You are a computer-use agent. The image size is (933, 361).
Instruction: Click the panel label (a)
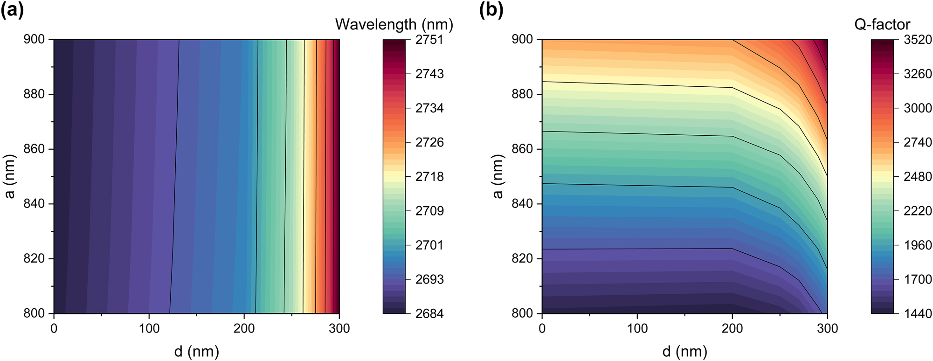point(12,10)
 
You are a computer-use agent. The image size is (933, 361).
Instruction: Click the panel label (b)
point(491,10)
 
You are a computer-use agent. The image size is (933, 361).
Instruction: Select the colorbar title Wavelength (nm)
point(394,24)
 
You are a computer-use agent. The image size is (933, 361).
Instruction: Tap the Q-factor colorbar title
point(882,24)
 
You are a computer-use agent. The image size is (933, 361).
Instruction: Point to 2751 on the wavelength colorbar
point(429,40)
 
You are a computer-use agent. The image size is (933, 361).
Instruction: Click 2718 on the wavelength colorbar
point(429,177)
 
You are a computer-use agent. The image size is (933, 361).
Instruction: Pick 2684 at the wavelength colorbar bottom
point(429,313)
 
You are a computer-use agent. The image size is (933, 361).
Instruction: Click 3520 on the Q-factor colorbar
point(918,40)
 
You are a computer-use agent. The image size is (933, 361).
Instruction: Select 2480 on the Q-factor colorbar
point(918,177)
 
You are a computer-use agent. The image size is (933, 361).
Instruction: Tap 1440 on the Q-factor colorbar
point(918,313)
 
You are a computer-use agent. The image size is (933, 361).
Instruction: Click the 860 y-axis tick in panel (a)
point(34,149)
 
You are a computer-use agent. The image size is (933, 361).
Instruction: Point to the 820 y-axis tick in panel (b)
point(522,259)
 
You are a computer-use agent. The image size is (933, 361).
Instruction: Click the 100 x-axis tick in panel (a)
point(149,328)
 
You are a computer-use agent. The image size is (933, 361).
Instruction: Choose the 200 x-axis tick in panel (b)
point(732,328)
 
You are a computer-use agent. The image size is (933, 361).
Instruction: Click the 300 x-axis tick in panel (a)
point(339,328)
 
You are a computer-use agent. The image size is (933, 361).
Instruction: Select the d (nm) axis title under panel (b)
point(684,351)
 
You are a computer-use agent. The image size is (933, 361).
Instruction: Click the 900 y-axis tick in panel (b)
point(522,40)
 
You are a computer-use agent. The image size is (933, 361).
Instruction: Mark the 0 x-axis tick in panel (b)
point(542,328)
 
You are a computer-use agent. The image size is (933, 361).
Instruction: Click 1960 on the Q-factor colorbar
point(918,245)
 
